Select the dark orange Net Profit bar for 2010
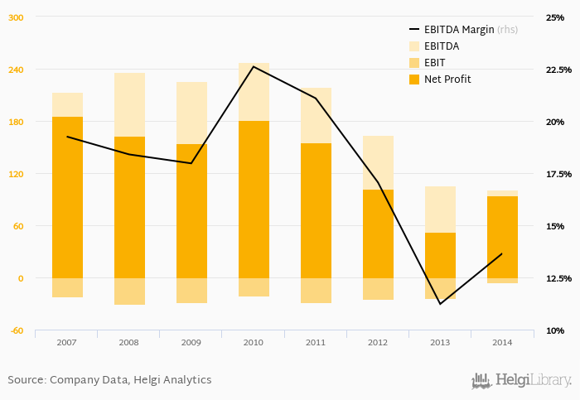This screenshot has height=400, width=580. pos(254,199)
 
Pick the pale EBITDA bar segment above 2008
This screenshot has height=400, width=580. pos(129,104)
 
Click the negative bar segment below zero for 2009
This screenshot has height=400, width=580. pos(191,291)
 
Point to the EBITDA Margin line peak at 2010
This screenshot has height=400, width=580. pos(254,66)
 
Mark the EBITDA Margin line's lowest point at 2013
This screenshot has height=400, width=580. pos(440,304)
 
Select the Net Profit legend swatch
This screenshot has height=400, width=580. pos(414,80)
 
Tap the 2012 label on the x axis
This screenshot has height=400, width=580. pos(378,342)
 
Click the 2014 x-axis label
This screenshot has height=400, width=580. pos(502,342)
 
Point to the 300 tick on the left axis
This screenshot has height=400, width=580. pos(16,17)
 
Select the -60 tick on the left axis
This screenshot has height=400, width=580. pos(16,330)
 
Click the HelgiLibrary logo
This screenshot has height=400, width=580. pos(521,380)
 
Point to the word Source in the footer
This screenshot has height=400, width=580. pos(26,379)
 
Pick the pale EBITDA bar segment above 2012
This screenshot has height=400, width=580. pos(378,162)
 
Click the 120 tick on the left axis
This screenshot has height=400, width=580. pos(16,174)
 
